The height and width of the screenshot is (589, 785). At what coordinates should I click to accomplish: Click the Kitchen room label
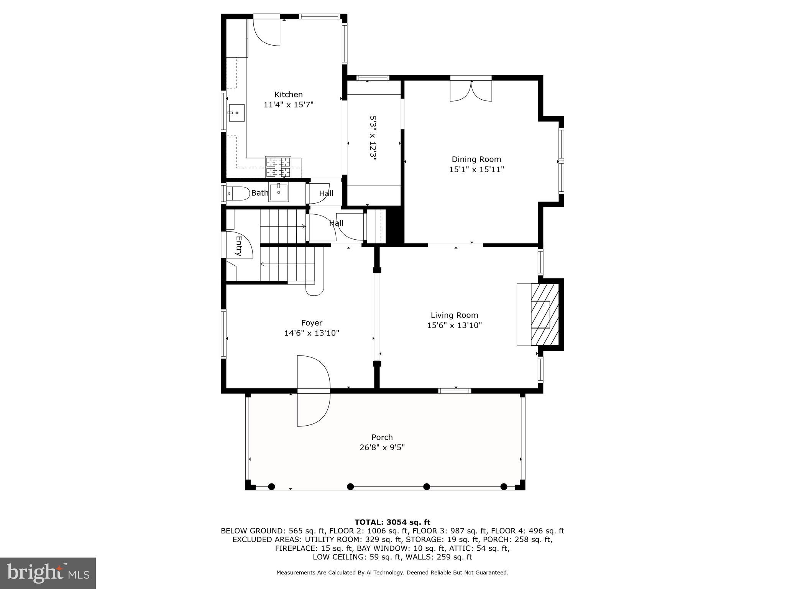tap(288, 94)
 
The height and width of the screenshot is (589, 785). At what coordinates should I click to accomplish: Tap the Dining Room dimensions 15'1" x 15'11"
tap(476, 169)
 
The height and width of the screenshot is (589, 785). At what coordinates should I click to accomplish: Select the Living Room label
tap(454, 315)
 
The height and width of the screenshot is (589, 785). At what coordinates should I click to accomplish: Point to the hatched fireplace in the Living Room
tap(544, 314)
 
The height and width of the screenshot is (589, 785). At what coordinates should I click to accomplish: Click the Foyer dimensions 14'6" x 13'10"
tap(312, 333)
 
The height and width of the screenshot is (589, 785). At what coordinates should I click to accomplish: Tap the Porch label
tap(382, 437)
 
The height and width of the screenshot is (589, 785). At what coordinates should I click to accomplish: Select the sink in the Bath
tap(278, 192)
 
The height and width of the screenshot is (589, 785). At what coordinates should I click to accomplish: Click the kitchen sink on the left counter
tap(236, 113)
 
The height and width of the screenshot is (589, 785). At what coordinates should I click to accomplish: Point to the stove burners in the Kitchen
tap(278, 167)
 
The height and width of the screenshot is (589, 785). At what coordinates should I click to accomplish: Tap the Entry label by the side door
tap(239, 246)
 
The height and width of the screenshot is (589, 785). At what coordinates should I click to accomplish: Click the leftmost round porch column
tap(271, 487)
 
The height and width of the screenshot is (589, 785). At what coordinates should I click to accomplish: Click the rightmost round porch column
tap(504, 487)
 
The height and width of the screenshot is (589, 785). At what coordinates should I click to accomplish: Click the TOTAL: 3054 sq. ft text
tap(392, 522)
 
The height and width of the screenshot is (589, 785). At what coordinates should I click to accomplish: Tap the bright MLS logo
tap(48, 573)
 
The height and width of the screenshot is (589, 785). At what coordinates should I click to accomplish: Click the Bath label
tap(259, 193)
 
